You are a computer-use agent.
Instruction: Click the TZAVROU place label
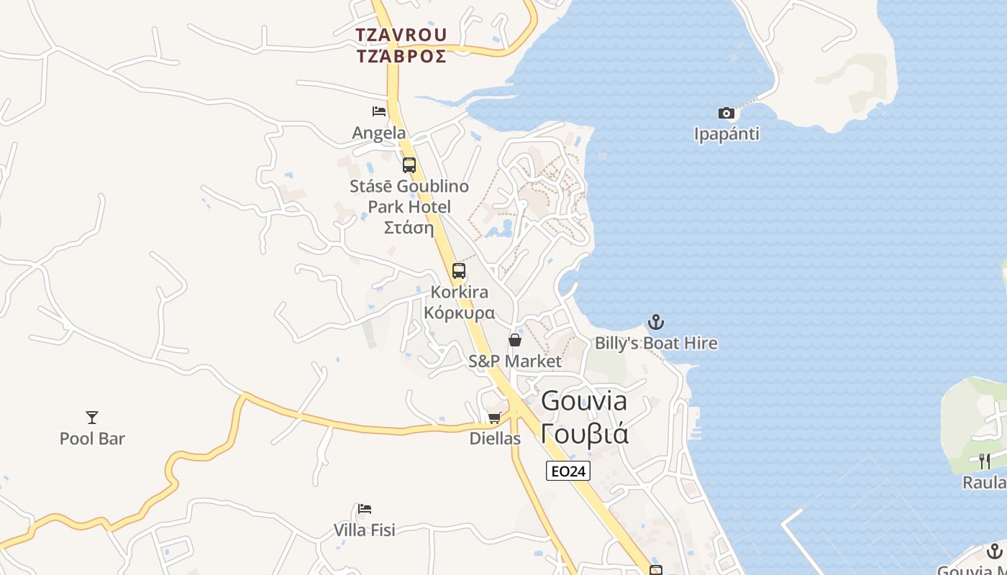[x=401, y=34]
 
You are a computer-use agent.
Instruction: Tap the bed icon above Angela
[x=379, y=111]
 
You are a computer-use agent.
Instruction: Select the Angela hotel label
[x=378, y=133]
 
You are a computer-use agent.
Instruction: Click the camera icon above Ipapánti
[x=726, y=113]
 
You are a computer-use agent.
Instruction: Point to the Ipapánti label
[x=726, y=134]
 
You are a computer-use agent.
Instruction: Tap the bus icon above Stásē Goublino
[x=409, y=165]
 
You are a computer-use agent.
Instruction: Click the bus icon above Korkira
[x=459, y=271]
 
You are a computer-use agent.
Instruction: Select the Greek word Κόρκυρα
[x=459, y=313]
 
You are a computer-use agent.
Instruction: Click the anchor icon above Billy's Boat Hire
[x=655, y=321]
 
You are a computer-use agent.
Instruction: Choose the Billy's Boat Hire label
[x=656, y=343]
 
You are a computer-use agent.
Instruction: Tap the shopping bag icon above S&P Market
[x=515, y=339]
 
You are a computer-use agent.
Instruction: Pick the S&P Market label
[x=515, y=361]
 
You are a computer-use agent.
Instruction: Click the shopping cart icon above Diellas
[x=495, y=417]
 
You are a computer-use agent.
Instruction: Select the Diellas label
[x=495, y=438]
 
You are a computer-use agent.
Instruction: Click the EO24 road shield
[x=568, y=471]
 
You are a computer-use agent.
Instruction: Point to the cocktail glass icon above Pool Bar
[x=92, y=417]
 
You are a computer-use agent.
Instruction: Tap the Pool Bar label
[x=92, y=438]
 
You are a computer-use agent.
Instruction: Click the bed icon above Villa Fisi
[x=365, y=510]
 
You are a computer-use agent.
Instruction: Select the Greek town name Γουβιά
[x=584, y=434]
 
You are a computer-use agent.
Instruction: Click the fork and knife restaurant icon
[x=985, y=461]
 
